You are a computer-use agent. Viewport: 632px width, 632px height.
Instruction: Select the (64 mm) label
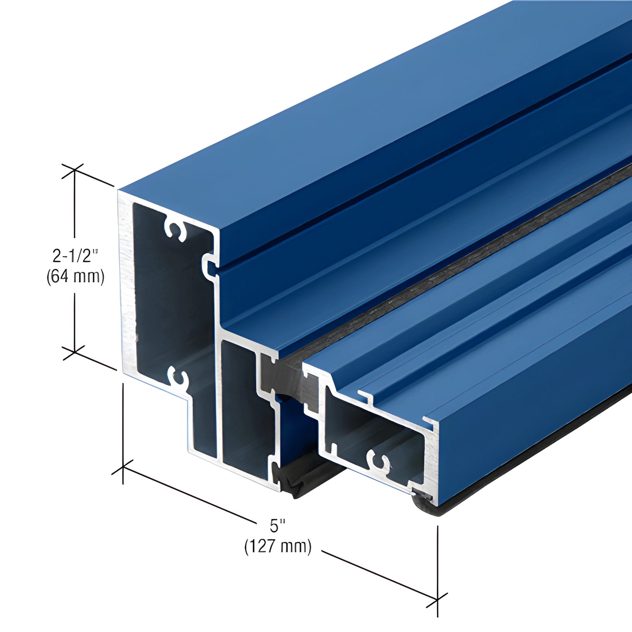[76, 277]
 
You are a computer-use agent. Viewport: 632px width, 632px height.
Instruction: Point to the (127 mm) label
[278, 546]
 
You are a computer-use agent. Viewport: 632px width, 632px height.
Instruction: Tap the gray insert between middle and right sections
[284, 376]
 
